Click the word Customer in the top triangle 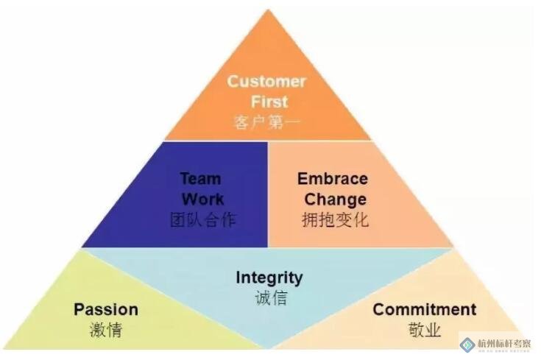tap(266, 81)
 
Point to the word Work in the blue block tap(202, 199)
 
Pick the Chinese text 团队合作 tap(202, 219)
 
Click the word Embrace tap(333, 179)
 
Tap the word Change tap(336, 199)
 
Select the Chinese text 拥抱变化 tap(336, 219)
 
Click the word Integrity tap(269, 278)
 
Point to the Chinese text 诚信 tap(269, 297)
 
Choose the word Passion tap(106, 309)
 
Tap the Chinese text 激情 tap(106, 329)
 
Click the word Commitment tap(425, 309)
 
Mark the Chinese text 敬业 tap(425, 329)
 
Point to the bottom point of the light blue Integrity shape tap(268, 348)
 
